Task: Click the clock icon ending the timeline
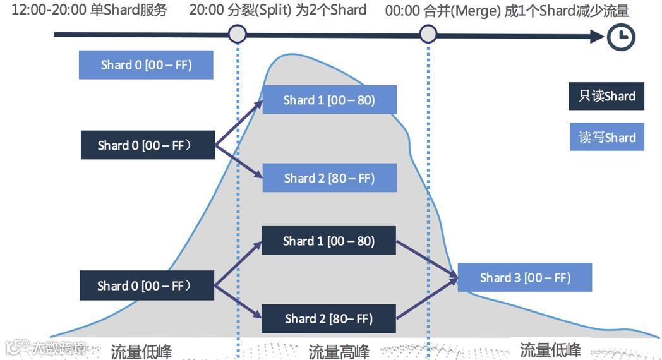click(621, 37)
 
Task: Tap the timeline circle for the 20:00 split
click(237, 34)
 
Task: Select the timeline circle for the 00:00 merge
click(428, 34)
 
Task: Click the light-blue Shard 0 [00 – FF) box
click(146, 65)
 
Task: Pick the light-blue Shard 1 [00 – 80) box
click(329, 100)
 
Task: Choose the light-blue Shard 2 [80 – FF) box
click(329, 178)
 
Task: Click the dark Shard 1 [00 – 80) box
click(328, 241)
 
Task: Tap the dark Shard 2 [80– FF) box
click(328, 319)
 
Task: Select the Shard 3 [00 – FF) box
click(525, 277)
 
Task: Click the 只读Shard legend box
click(606, 97)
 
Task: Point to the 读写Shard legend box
click(606, 137)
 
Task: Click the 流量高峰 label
click(339, 351)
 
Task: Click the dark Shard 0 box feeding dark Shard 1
click(147, 285)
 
